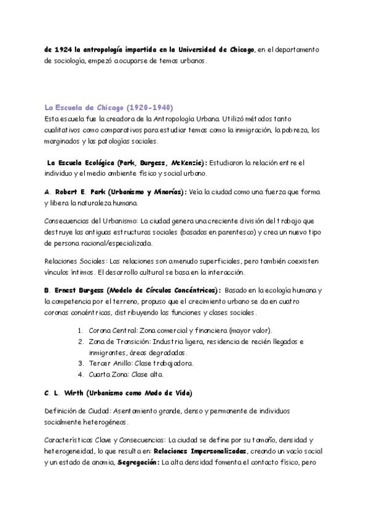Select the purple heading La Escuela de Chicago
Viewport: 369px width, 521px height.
[x=84, y=108]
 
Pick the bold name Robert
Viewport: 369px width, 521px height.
[x=68, y=192]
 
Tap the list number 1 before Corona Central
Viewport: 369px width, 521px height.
[x=80, y=330]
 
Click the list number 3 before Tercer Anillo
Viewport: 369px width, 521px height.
[x=80, y=362]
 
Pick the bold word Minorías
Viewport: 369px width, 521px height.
[x=165, y=192]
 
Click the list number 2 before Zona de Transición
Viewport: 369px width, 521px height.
[x=80, y=341]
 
